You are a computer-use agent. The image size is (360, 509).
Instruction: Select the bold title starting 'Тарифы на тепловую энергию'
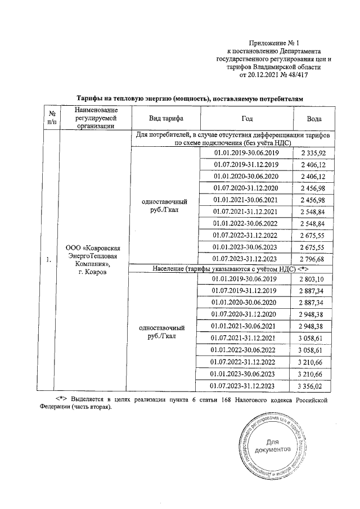click(190, 98)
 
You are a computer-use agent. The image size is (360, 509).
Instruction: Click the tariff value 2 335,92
click(314, 152)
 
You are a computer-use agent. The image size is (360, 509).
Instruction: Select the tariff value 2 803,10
click(314, 280)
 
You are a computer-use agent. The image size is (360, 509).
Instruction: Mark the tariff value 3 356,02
click(314, 386)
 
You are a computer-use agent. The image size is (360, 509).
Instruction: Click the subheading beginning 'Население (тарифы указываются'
click(233, 269)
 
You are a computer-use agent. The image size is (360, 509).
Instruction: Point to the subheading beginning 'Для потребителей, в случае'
click(233, 139)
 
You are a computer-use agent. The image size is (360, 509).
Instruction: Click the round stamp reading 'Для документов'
click(272, 447)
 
